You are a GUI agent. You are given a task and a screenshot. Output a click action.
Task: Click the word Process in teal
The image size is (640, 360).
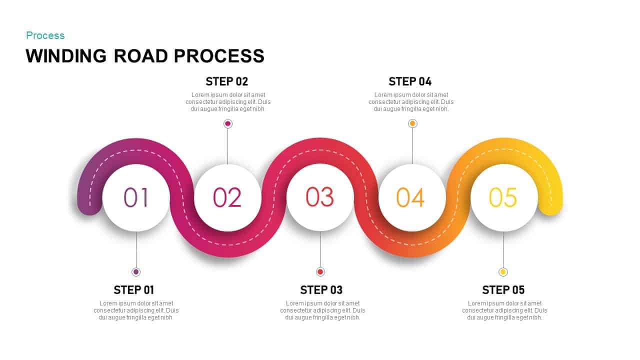coord(45,35)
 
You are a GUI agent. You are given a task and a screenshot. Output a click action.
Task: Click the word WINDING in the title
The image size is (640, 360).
coord(66,55)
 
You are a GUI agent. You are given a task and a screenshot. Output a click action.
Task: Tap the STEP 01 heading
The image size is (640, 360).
coord(133,290)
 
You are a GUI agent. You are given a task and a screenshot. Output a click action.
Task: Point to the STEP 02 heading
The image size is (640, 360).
coord(226,81)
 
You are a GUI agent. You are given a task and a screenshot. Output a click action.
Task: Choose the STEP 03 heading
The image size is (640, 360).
coord(321,290)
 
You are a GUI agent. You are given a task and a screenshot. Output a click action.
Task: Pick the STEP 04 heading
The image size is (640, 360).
coord(409,81)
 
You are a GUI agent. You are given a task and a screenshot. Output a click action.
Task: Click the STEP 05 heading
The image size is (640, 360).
coord(503,290)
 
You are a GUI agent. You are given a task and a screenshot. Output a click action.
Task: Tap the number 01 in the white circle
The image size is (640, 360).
coord(136,197)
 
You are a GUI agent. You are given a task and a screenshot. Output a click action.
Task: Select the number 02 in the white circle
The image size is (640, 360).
coord(227,197)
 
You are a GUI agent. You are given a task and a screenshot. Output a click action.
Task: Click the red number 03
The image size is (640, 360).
coord(320,197)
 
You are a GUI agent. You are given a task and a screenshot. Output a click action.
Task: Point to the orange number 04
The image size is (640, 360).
coord(410,197)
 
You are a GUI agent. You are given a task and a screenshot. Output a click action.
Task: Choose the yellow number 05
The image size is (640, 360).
coord(503,197)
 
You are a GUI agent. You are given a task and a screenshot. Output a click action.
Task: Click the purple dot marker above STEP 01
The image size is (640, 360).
coord(136,272)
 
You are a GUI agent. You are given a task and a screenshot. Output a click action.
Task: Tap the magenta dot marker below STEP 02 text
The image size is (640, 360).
coord(228,123)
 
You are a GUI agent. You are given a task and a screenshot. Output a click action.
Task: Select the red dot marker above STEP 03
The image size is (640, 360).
coord(320,272)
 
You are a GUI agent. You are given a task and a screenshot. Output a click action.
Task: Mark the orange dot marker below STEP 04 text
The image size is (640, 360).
coord(412,123)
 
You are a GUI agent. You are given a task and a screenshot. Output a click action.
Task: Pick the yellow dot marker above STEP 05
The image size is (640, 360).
coord(503,272)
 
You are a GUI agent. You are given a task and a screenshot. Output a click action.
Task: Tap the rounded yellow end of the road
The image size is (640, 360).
coord(550,205)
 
